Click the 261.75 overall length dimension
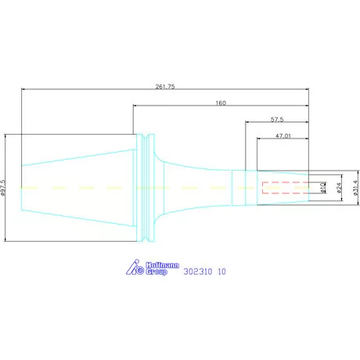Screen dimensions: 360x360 [x=165, y=86]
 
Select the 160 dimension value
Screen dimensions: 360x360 [x=221, y=103]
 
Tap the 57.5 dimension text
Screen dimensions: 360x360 [x=277, y=120]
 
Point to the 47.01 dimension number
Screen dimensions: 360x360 [x=283, y=136]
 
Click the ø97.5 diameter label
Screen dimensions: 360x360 [x=3, y=187]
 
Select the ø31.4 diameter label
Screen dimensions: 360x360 [x=355, y=188]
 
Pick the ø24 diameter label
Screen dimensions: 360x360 [x=339, y=188]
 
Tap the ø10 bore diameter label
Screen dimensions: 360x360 [x=323, y=188]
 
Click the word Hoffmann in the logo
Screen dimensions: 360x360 [x=162, y=265]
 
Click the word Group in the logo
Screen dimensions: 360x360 [x=157, y=272]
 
